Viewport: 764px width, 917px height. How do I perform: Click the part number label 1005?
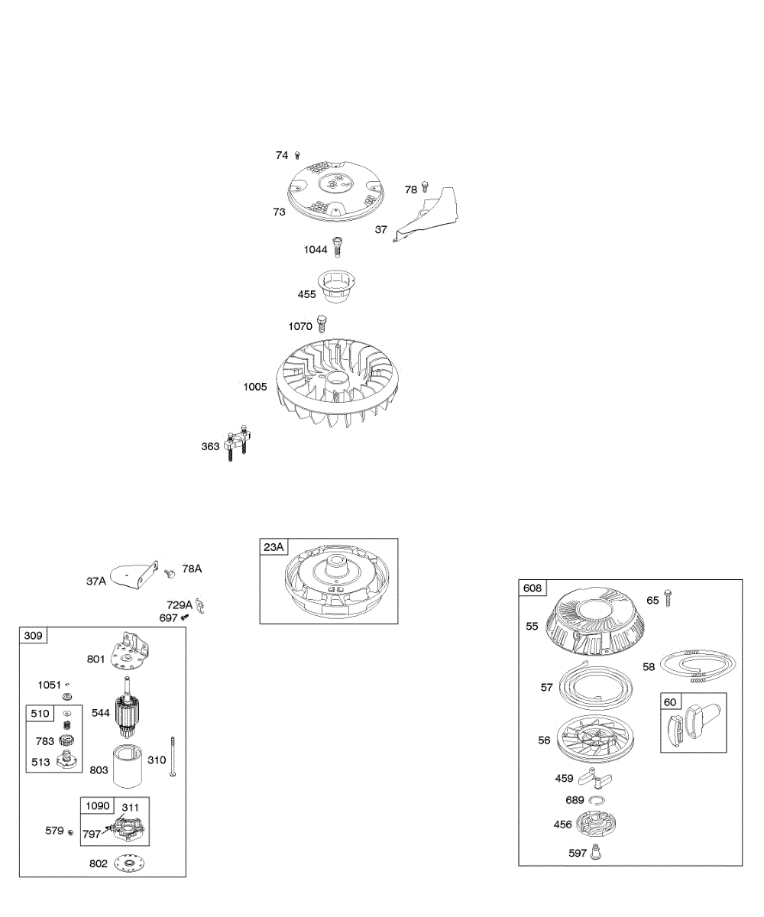pyautogui.click(x=255, y=387)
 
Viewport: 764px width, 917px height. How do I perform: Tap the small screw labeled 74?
pyautogui.click(x=297, y=155)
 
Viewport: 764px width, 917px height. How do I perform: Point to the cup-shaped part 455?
pyautogui.click(x=337, y=287)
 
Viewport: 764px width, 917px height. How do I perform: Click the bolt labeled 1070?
pyautogui.click(x=322, y=324)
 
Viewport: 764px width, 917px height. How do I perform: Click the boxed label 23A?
pyautogui.click(x=274, y=547)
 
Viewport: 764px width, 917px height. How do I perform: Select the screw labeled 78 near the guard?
pyautogui.click(x=425, y=186)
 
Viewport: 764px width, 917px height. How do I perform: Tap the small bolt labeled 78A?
pyautogui.click(x=170, y=573)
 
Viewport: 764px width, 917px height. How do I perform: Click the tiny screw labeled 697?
pyautogui.click(x=185, y=617)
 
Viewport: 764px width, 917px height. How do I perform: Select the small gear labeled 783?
pyautogui.click(x=66, y=740)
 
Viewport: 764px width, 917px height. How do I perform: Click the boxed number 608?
pyautogui.click(x=533, y=588)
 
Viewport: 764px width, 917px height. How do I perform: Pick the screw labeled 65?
pyautogui.click(x=668, y=598)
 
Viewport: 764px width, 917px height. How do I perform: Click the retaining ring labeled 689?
pyautogui.click(x=597, y=800)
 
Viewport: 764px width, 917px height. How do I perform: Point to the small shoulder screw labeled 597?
pyautogui.click(x=596, y=851)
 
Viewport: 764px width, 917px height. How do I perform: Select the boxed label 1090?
pyautogui.click(x=98, y=805)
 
